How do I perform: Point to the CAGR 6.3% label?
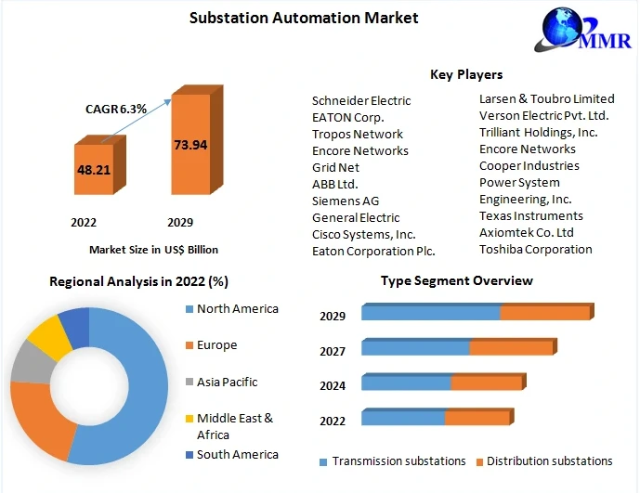click(x=115, y=109)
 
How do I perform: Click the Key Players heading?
click(x=466, y=74)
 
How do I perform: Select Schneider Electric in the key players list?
click(x=361, y=100)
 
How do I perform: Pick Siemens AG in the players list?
click(x=346, y=201)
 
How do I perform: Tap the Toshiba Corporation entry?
click(x=536, y=249)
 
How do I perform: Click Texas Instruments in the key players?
click(x=531, y=215)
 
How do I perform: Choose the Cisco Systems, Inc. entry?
click(x=364, y=234)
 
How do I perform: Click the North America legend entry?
click(x=237, y=308)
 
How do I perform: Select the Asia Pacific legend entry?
click(x=227, y=382)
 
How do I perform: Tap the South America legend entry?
click(x=237, y=454)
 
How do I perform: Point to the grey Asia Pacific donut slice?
click(x=30, y=365)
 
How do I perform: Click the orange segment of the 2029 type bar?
click(x=545, y=313)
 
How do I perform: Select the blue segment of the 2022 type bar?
click(x=403, y=418)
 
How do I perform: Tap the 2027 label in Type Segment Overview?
click(x=333, y=351)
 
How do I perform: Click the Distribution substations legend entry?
click(x=549, y=461)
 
